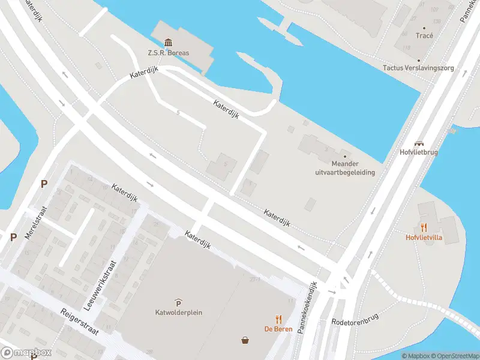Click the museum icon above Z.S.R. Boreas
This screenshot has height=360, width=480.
[169, 42]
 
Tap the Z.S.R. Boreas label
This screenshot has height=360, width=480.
[169, 53]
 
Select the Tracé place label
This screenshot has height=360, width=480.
[424, 35]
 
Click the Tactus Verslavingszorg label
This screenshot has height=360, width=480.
[418, 68]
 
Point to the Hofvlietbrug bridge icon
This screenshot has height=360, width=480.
[419, 143]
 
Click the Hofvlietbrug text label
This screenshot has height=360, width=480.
[419, 152]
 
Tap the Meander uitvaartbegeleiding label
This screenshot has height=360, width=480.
[345, 168]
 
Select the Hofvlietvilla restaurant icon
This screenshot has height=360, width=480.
[424, 227]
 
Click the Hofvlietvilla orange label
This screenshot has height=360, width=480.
[424, 237]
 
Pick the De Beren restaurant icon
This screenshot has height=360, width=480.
[278, 319]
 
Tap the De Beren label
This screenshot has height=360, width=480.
[278, 329]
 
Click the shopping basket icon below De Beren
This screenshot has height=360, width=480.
[245, 341]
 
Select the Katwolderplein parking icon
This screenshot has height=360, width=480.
[178, 302]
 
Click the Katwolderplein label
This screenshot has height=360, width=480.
[178, 312]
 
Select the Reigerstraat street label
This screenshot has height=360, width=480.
[79, 322]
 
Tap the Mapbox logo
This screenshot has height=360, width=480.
[26, 353]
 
